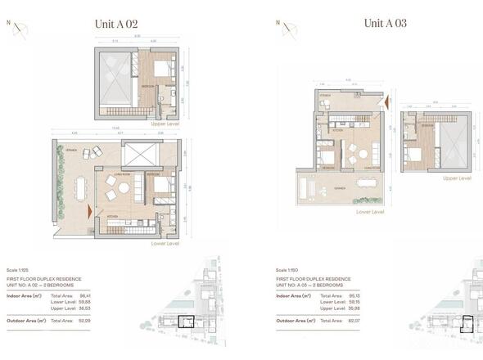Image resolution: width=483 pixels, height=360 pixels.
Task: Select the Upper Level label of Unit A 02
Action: coord(178,124)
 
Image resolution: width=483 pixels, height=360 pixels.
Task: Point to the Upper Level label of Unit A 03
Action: coord(455,178)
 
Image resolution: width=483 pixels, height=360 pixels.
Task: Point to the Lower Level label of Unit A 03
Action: coord(372,210)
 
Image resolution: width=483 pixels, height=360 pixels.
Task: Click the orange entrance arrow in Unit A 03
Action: coord(388,102)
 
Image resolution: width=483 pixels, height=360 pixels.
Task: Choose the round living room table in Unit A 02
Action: coord(123,188)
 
